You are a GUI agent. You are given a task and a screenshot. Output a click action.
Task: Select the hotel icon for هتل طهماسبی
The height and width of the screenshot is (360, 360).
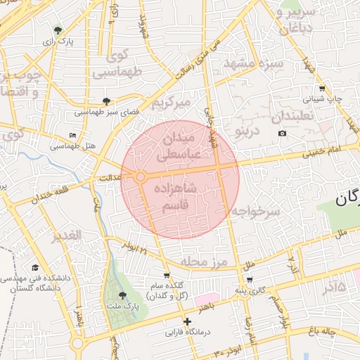73,135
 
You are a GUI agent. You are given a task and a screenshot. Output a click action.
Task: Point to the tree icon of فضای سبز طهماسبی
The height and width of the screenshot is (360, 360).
106,101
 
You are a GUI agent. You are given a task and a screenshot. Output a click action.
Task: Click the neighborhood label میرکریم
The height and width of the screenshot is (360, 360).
172,103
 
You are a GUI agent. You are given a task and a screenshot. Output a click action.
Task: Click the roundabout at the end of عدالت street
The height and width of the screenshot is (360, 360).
141,177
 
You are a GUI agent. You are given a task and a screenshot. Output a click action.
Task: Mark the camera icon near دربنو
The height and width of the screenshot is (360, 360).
282,134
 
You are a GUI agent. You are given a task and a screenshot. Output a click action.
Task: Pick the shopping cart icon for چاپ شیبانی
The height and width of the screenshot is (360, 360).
322,89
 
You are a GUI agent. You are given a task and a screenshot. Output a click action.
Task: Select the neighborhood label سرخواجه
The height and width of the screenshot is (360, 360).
258,211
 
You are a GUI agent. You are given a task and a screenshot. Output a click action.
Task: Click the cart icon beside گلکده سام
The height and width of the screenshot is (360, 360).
167,276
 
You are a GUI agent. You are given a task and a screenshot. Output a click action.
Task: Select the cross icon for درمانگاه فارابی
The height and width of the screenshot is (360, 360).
187,321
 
